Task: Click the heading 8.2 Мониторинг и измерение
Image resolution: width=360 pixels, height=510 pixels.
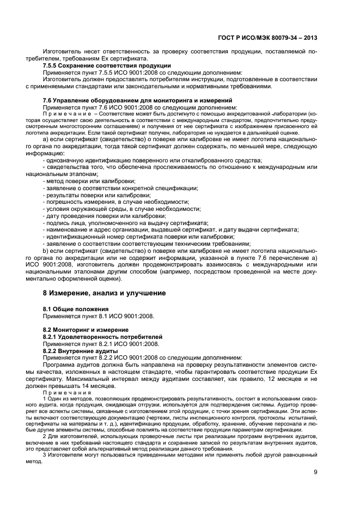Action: (x=86, y=330)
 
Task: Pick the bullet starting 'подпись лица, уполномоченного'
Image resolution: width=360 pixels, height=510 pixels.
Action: (x=127, y=223)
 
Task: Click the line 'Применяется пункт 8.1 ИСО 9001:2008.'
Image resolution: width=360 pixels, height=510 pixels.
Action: (x=99, y=316)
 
